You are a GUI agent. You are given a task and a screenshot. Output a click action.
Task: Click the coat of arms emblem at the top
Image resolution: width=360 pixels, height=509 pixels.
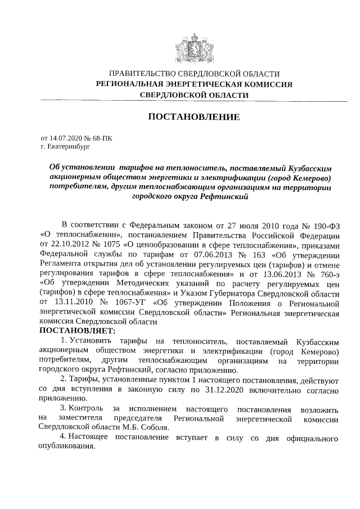pyautogui.click(x=193, y=45)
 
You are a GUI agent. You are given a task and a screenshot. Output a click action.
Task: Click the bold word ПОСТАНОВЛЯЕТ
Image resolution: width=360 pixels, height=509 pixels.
pyautogui.click(x=76, y=331)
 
